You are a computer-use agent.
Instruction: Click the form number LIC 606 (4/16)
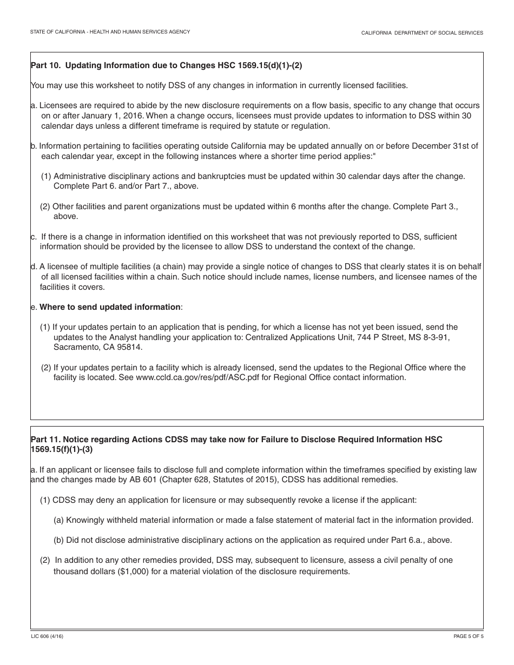(47, 636)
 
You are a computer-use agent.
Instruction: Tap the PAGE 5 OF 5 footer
(468, 636)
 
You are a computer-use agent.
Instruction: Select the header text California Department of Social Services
(422, 33)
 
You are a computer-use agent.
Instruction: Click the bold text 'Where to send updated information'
(110, 307)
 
